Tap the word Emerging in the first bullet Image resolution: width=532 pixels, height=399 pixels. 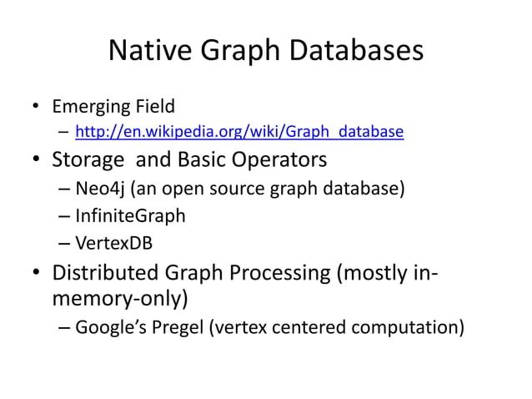pos(88,107)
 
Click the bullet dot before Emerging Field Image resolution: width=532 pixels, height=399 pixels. pos(37,108)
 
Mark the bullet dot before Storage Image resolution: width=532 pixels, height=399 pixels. pos(37,159)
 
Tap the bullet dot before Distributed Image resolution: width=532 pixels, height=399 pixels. pos(37,274)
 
